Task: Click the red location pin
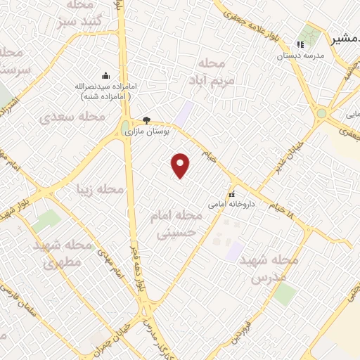pos(181,165)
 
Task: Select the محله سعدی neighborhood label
pos(72,117)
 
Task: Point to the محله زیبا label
pos(100,189)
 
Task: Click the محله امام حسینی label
pos(176,224)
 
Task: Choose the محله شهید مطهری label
pos(63,255)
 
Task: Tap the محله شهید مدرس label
pos(269,269)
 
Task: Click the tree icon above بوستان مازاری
pos(146,120)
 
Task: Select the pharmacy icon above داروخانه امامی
pos(231,194)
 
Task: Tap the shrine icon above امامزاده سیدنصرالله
pos(105,76)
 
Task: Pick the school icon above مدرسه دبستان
pos(300,44)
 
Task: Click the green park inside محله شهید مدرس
pos(284,295)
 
